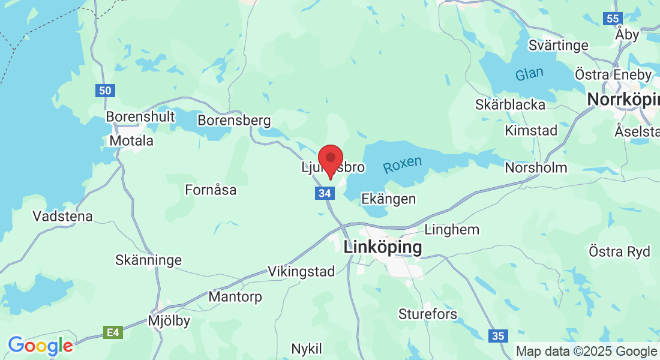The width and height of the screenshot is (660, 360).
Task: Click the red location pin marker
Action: coord(330,160)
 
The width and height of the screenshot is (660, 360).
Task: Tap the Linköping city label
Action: coord(383,247)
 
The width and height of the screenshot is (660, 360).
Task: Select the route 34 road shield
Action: coord(324,193)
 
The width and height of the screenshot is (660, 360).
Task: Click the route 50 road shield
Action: coord(105,91)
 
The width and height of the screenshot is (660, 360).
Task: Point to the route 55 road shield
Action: coord(613,19)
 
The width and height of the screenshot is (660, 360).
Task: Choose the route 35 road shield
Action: coord(498,336)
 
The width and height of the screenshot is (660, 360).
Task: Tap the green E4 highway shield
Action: coord(112,332)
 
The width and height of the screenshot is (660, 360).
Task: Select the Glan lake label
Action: coord(529,74)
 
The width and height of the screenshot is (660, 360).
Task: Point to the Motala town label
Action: coord(131,141)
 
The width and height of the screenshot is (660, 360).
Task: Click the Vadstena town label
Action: coord(63,216)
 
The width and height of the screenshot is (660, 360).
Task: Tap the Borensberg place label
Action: coord(234,121)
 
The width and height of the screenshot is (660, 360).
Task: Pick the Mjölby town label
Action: coord(169,321)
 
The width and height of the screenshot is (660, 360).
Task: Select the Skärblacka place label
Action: coord(510,105)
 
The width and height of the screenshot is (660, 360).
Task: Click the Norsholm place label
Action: coord(536,167)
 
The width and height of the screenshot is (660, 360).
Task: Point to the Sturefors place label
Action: coord(428,314)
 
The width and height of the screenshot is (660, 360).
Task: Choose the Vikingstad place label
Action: coord(301,271)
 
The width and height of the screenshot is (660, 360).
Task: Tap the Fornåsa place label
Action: coord(211,190)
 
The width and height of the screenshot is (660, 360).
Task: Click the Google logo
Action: coord(40,346)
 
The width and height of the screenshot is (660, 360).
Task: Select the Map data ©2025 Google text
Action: coord(586,352)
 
